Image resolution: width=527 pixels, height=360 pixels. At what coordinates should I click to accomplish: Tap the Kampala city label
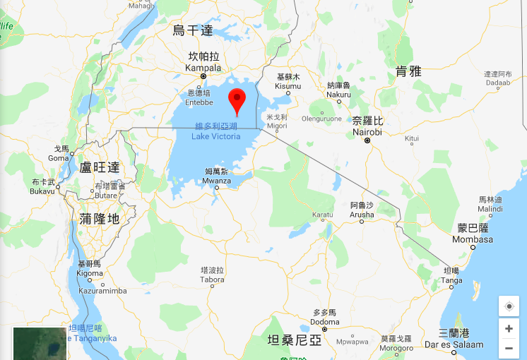click(203, 68)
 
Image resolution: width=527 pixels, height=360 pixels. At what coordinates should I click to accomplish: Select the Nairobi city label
click(367, 132)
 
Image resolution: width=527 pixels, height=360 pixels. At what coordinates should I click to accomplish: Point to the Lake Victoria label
click(218, 136)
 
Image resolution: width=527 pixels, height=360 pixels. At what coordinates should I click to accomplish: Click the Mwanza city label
click(217, 181)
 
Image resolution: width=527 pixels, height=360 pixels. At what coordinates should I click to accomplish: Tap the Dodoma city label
click(324, 323)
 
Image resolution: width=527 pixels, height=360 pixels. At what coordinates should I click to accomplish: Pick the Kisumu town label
click(288, 85)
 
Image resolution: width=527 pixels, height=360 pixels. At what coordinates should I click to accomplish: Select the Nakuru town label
click(338, 94)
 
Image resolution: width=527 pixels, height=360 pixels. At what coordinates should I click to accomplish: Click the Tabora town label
click(212, 279)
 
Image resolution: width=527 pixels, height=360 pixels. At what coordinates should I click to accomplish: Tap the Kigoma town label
click(90, 272)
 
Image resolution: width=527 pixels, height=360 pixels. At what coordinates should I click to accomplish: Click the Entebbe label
click(199, 102)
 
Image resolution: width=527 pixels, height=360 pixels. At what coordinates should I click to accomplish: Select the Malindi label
click(490, 208)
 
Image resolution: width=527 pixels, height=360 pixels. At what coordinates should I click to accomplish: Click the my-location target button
click(509, 306)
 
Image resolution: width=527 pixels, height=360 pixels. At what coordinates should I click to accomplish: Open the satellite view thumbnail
click(40, 343)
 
